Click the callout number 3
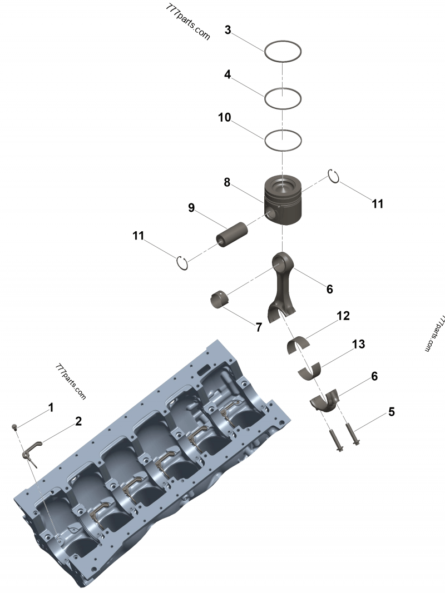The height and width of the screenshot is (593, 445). point(228,30)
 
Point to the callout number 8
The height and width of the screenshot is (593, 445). point(227,182)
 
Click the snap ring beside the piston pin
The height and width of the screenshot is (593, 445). point(182,262)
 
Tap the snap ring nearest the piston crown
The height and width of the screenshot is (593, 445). point(333,175)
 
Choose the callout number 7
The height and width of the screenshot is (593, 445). point(259,327)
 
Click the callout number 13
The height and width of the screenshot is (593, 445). point(358,345)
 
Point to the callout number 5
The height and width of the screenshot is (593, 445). point(392,412)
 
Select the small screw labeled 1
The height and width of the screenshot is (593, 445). point(15,427)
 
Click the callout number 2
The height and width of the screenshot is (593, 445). point(78,421)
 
